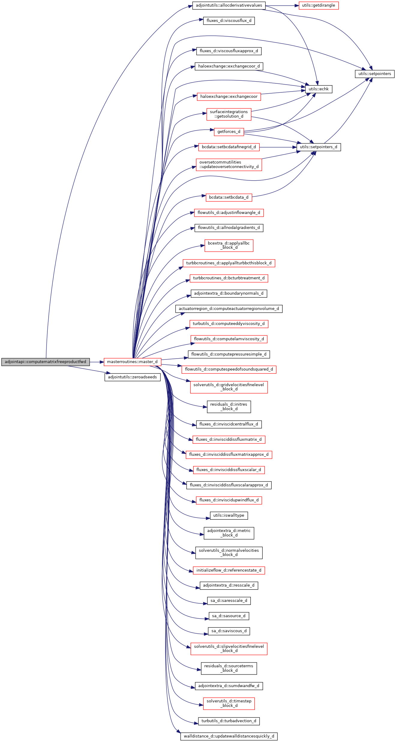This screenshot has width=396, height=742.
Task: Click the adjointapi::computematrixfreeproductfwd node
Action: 45,362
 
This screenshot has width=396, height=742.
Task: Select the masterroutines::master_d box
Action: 132,362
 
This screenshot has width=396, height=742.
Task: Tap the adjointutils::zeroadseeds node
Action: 132,377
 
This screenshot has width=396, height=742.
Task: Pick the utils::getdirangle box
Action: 318,5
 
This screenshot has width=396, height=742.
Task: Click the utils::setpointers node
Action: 374,74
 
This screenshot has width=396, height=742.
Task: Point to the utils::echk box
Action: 318,89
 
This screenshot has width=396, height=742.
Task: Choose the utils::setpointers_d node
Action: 318,147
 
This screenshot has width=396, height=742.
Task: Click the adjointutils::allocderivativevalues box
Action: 229,5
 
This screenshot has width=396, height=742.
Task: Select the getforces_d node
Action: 229,132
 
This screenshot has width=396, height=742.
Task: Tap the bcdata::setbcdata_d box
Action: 229,197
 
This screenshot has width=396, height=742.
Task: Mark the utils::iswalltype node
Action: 229,515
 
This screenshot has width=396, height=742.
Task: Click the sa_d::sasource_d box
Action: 229,616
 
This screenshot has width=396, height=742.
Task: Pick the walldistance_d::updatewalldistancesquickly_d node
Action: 229,736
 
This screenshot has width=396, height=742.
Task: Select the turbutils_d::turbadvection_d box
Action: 229,721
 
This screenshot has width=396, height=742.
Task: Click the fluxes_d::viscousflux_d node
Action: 229,21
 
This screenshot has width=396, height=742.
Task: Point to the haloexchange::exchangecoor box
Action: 229,97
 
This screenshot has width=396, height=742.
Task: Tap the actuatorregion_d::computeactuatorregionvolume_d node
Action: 229,309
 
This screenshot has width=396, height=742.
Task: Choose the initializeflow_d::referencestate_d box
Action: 229,570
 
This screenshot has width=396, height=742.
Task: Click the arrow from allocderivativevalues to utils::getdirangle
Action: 282,5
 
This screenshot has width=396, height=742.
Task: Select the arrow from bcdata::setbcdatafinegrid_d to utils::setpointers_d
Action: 278,147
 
